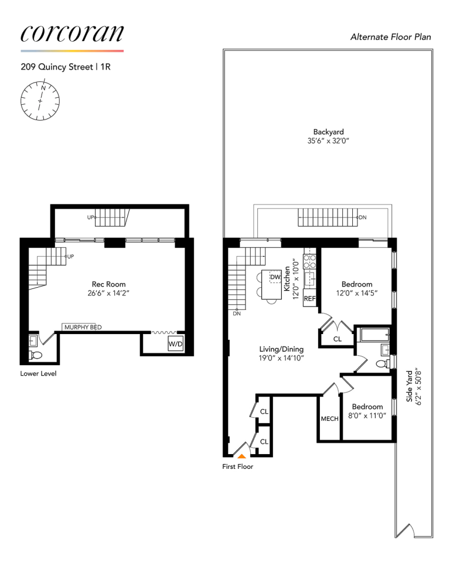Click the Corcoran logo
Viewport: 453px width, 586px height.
71,33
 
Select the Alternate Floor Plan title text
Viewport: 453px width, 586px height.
390,37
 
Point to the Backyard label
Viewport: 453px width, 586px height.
328,132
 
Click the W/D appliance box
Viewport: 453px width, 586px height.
176,345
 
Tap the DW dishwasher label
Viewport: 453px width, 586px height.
275,277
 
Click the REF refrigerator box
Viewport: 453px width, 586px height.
309,298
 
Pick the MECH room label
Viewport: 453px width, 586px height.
329,419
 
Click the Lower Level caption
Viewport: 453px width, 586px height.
38,373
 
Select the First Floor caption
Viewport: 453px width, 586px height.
237,467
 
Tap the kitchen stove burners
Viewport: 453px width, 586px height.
309,260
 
